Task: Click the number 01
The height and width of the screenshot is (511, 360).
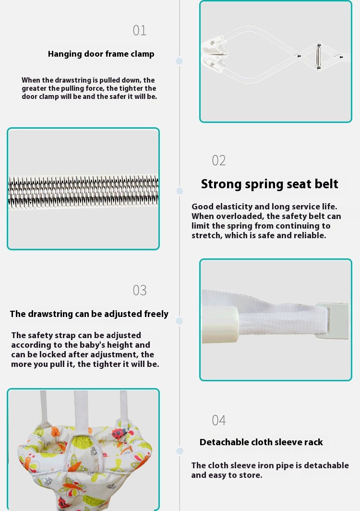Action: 139,30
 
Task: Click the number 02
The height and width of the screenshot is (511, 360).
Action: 218,160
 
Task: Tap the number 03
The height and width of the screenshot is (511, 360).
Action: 139,290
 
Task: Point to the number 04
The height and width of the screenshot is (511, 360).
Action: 218,420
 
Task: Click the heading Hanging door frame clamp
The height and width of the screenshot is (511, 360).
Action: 101,54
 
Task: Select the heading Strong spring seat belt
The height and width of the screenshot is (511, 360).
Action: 269,184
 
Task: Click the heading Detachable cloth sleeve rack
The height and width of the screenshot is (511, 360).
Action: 261,442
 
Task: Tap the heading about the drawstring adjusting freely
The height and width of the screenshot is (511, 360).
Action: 89,314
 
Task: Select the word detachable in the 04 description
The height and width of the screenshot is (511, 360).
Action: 326,465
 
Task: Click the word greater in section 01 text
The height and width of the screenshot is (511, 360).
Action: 34,88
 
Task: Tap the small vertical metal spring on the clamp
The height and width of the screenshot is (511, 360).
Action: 319,56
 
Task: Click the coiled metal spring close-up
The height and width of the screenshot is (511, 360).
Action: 84,192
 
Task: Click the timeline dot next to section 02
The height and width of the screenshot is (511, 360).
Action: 180,191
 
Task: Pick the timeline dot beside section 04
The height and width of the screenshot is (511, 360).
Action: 180,451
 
